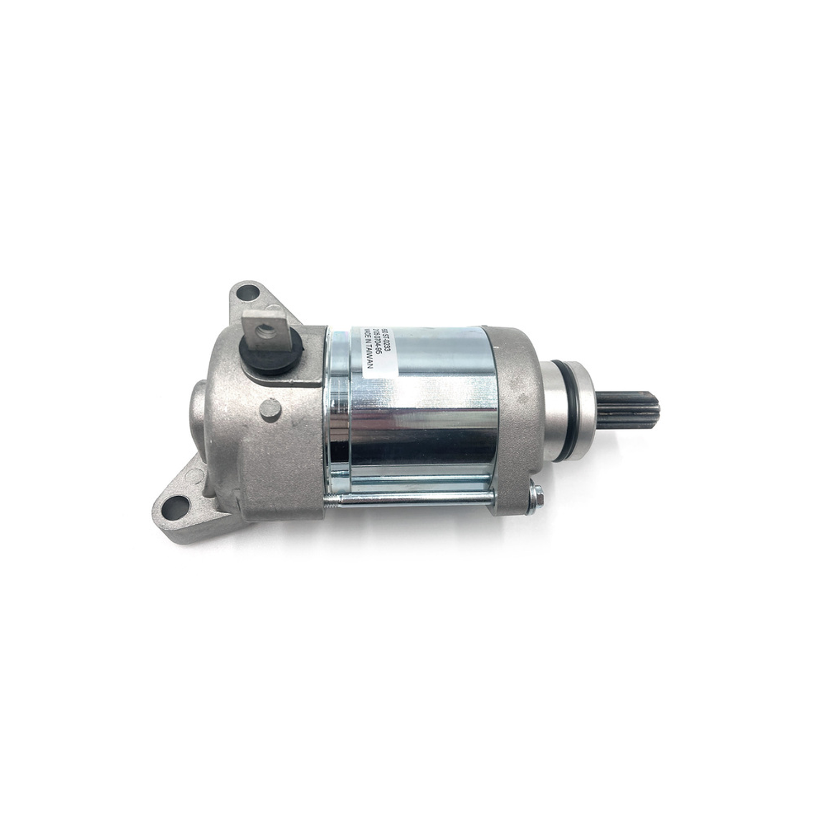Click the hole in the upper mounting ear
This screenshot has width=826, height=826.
click(x=249, y=293)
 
